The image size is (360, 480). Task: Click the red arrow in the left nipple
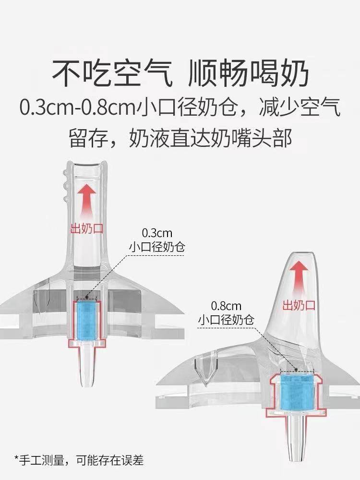(x=87, y=199)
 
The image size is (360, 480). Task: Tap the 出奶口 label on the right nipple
(x=299, y=305)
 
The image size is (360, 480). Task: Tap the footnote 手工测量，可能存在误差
(x=79, y=462)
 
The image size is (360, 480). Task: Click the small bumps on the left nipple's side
(x=66, y=185)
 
